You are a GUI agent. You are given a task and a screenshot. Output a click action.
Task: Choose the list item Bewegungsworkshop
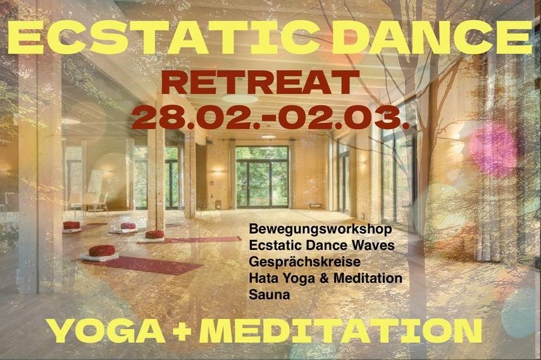pos(321,229)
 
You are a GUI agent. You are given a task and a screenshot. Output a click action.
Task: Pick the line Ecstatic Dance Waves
pos(321,245)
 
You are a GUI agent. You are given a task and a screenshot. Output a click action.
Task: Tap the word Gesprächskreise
pos(304,262)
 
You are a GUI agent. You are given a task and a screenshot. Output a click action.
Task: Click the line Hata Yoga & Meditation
pos(325,278)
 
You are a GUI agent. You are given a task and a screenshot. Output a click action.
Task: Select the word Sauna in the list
pos(269,294)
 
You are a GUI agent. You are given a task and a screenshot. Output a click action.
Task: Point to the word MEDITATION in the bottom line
pos(340,331)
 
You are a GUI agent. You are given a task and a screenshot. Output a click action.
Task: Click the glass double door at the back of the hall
pos(262,177)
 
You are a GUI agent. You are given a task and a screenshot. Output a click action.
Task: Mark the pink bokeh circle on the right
pos(494,145)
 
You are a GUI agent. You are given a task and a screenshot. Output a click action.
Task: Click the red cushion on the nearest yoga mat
pos(102,251)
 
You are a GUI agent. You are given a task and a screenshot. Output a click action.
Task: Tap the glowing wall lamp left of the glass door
pos(218,170)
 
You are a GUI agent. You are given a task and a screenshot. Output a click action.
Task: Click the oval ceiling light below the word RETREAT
pos(240,99)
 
